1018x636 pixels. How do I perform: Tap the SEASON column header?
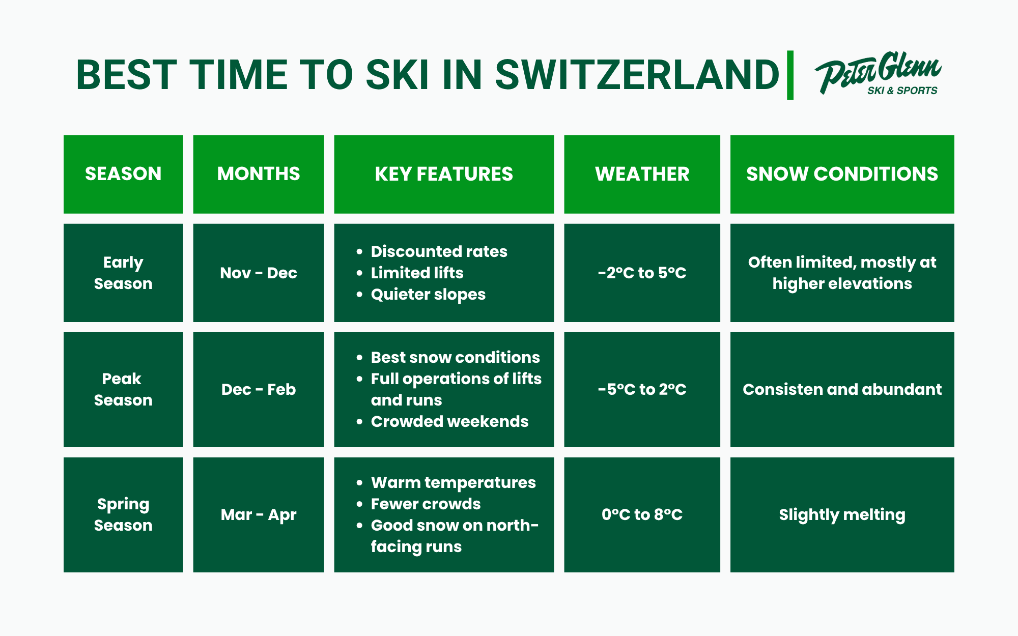123,174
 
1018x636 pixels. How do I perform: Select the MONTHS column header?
259,174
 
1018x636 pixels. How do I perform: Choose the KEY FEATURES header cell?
444,174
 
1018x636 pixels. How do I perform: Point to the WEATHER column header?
642,174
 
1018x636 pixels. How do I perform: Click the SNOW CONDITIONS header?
842,174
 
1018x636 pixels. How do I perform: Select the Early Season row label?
123,273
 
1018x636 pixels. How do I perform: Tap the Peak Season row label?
123,390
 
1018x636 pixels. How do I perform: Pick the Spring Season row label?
123,515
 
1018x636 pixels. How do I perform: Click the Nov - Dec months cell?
259,273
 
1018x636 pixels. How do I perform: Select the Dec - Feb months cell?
259,390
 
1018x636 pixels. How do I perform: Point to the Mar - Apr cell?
259,515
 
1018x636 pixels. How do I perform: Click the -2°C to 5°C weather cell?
642,273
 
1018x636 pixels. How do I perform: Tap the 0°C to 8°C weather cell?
642,515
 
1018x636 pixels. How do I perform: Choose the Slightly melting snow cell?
842,515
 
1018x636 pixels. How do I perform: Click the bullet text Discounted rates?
439,251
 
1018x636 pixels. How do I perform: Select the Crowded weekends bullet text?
449,422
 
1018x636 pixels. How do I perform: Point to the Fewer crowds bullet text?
426,504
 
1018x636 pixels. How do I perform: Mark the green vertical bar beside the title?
790,75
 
